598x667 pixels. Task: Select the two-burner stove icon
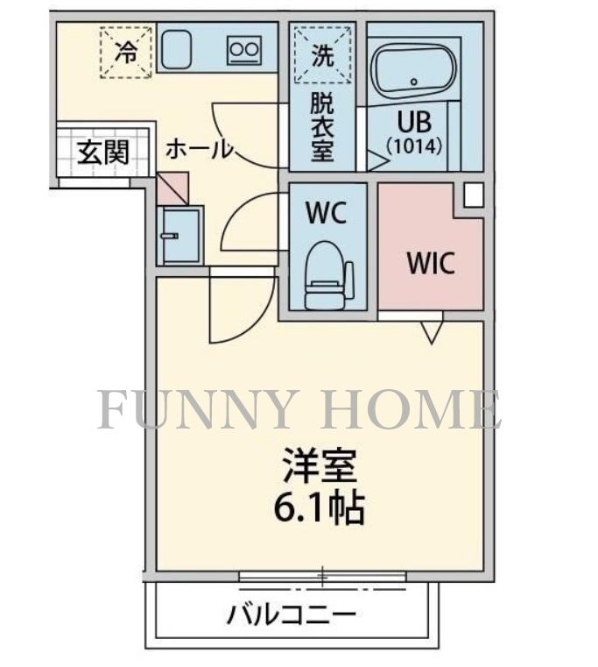243,52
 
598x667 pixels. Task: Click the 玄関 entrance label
102,153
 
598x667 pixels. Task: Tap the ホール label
200,150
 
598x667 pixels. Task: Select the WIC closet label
430,263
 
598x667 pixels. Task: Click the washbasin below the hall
179,235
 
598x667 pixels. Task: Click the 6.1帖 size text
320,508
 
